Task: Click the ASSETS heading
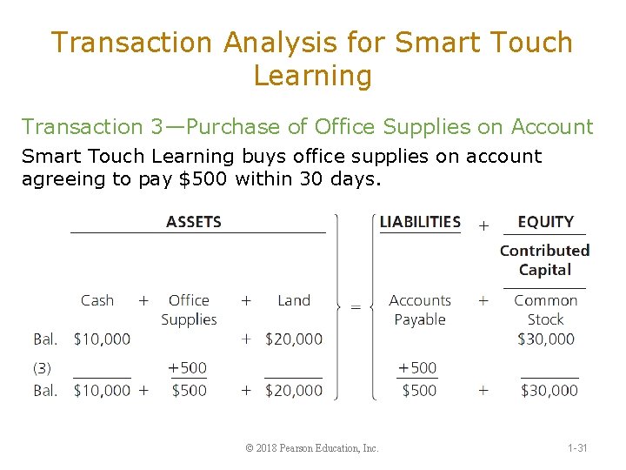[x=193, y=221]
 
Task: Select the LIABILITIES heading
[x=420, y=221]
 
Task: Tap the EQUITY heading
[x=544, y=221]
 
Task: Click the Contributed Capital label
[x=544, y=259]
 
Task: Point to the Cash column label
[x=97, y=300]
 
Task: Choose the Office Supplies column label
[x=189, y=310]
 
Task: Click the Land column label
[x=294, y=300]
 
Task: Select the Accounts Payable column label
[x=420, y=310]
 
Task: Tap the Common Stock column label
[x=545, y=310]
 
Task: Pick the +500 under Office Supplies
[x=188, y=368]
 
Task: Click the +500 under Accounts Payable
[x=417, y=368]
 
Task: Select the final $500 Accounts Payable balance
[x=419, y=391]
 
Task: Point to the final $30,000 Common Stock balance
[x=549, y=391]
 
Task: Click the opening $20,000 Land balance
[x=294, y=339]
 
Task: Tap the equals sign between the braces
[x=355, y=306]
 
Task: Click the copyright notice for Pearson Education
[x=312, y=448]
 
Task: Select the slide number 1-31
[x=577, y=448]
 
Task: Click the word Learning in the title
[x=312, y=76]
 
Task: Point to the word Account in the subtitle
[x=553, y=127]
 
